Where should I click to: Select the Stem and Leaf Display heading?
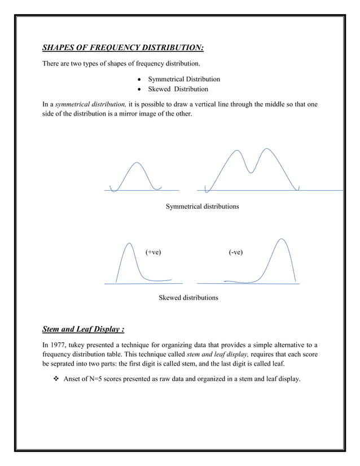click(84, 329)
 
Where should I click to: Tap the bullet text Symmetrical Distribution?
click(184, 79)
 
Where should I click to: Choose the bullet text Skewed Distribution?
click(178, 89)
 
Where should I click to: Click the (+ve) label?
click(153, 252)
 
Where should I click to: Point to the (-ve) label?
click(236, 252)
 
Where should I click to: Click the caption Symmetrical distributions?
click(202, 206)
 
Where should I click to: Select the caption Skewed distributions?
click(188, 297)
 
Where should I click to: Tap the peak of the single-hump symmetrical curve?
click(135, 163)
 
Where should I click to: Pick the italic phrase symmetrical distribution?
click(90, 104)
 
